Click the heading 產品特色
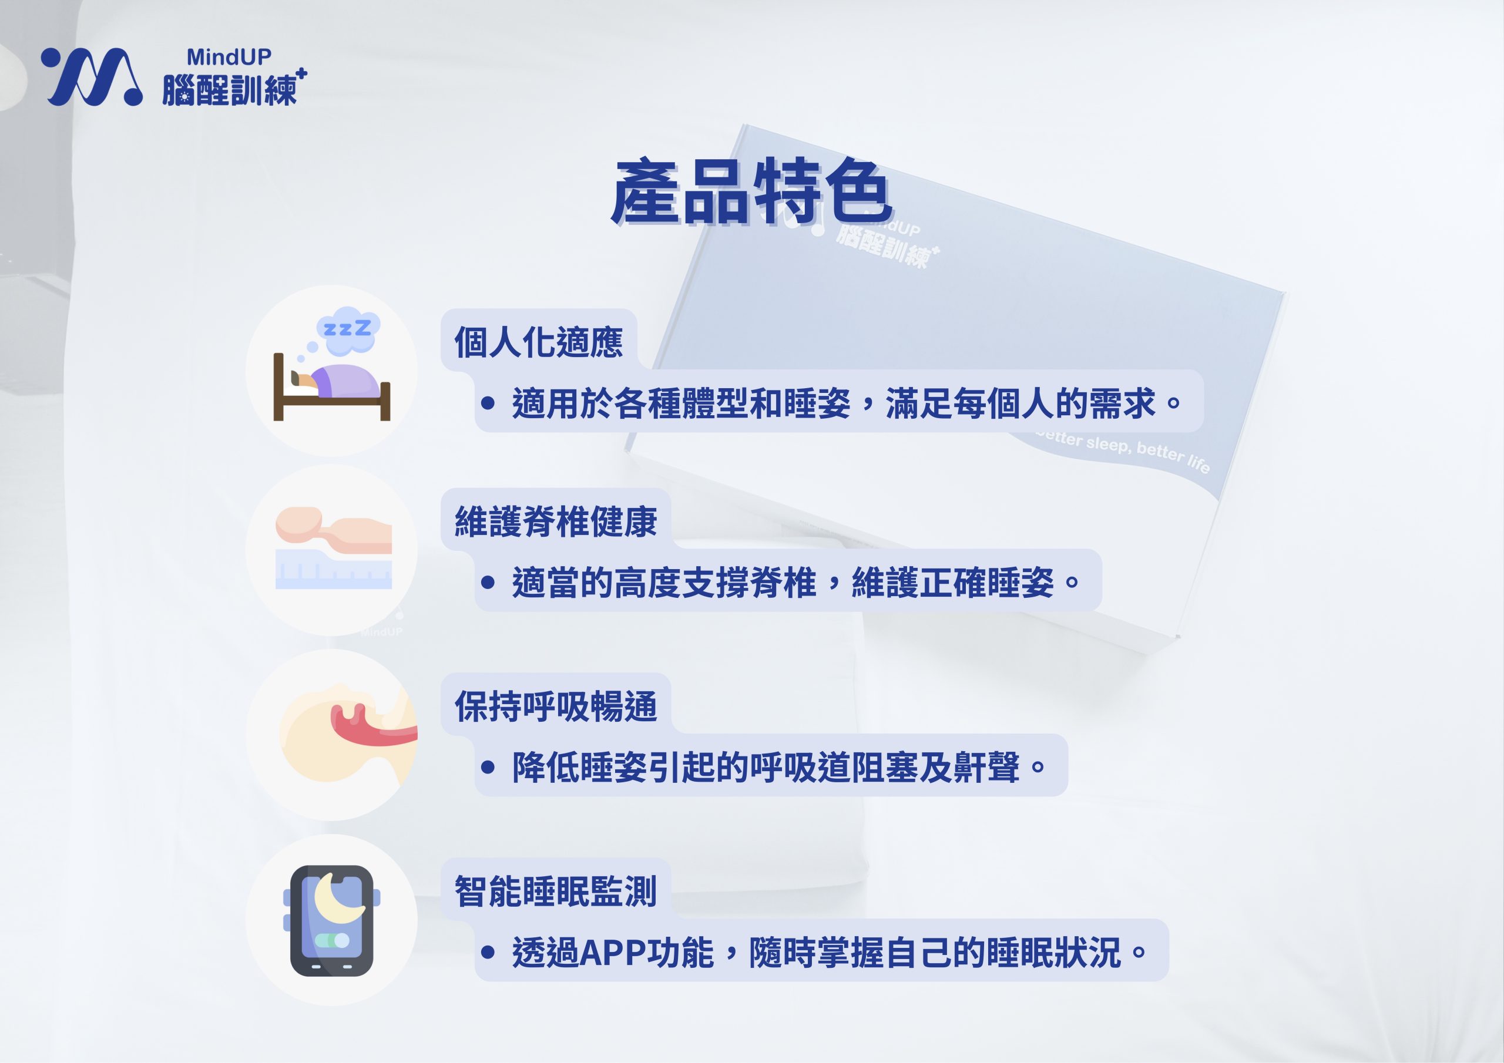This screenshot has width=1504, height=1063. tap(751, 191)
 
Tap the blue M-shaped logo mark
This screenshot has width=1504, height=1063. tap(92, 76)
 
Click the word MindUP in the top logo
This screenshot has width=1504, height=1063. tap(229, 57)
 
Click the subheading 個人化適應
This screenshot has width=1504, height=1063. tap(539, 342)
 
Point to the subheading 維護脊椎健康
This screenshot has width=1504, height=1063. tap(556, 522)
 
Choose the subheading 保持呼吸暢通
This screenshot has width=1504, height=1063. tap(556, 706)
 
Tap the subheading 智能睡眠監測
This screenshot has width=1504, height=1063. tap(556, 892)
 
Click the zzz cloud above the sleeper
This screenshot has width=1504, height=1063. tap(348, 326)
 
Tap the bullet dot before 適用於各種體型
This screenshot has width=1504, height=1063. tap(488, 402)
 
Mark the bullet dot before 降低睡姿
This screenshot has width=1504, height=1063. tap(488, 766)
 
